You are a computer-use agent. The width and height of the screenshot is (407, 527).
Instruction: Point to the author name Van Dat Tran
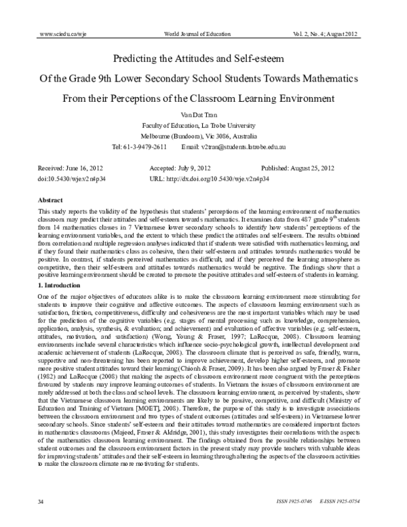[x=203, y=115]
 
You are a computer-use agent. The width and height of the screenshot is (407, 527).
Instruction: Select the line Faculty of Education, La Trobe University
[x=203, y=126]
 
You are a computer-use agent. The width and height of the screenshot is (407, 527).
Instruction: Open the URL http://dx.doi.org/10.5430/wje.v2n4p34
[x=222, y=178]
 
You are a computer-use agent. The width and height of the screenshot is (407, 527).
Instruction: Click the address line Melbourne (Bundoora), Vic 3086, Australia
[x=203, y=137]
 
